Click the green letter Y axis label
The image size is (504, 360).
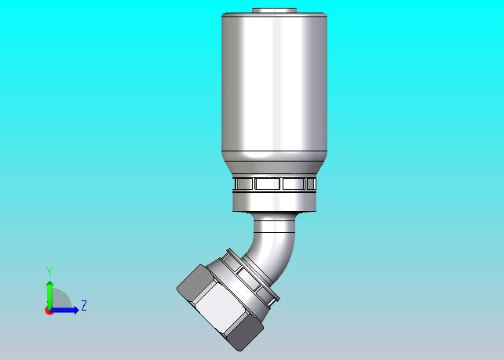[49, 271]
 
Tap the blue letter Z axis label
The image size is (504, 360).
[84, 305]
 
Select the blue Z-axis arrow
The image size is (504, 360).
[64, 311]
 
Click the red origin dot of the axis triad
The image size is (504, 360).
[49, 311]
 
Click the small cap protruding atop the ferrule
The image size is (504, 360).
[274, 10]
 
